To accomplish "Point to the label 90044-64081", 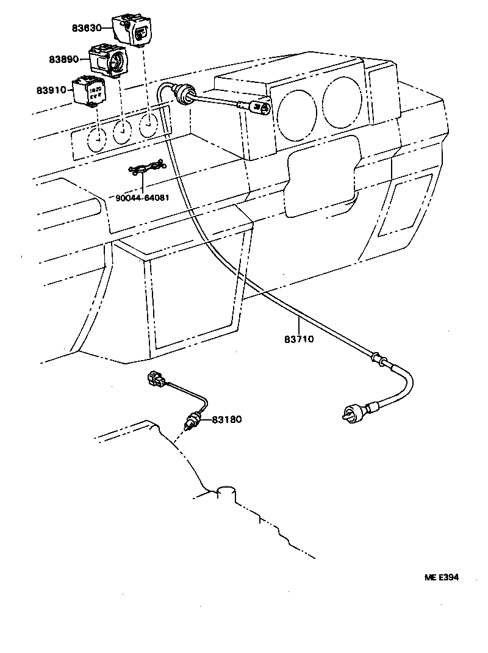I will click(x=142, y=197).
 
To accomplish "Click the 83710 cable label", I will click(x=299, y=339).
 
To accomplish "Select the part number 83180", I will click(x=228, y=419).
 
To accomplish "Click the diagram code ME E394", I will click(x=442, y=577).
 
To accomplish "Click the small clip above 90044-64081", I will click(x=146, y=168).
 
